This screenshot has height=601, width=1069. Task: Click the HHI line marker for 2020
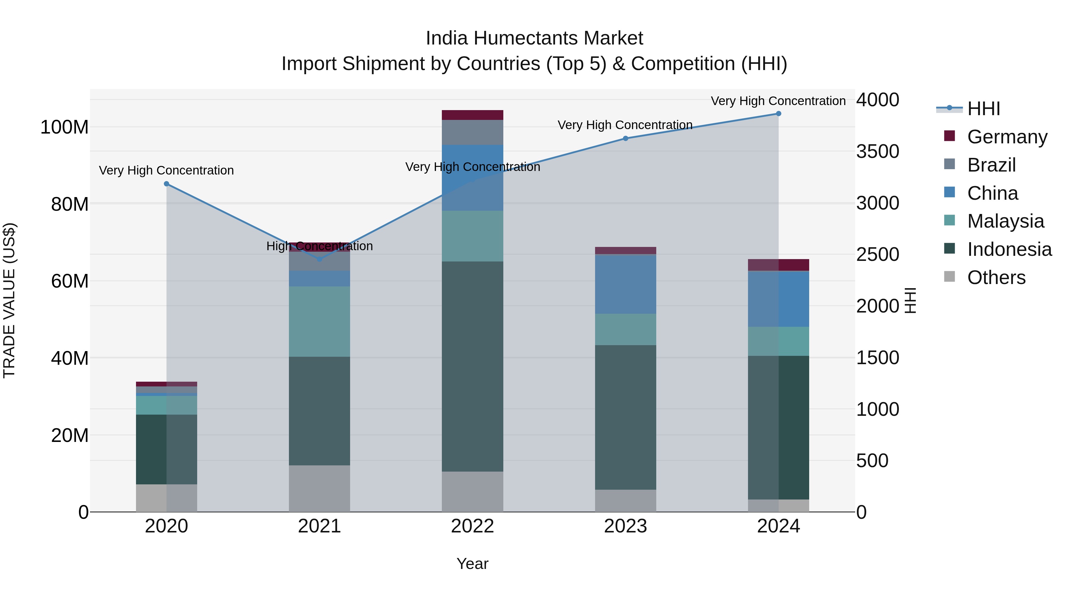(x=166, y=184)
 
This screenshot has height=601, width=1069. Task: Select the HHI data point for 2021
(x=320, y=259)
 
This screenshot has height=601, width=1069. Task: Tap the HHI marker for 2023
(x=626, y=139)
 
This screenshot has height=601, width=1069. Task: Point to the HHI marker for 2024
(x=779, y=114)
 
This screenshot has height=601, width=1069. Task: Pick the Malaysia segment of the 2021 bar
(x=320, y=321)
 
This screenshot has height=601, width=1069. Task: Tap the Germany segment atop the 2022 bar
(x=472, y=115)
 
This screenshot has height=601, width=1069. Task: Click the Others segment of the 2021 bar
(x=320, y=488)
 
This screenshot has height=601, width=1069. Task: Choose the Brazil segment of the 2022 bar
(x=472, y=132)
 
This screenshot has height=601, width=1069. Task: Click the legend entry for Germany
(x=1007, y=137)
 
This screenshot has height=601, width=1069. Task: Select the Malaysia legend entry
(x=1005, y=221)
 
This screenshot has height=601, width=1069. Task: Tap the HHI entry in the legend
(x=983, y=109)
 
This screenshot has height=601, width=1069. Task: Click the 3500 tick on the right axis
(x=877, y=151)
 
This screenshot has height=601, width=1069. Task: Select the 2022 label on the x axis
(x=472, y=526)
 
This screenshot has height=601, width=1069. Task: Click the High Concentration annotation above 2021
(x=320, y=246)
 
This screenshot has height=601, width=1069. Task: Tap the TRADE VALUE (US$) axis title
(x=10, y=300)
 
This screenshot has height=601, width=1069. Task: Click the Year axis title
(x=472, y=564)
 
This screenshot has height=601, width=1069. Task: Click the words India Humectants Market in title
(x=534, y=38)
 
